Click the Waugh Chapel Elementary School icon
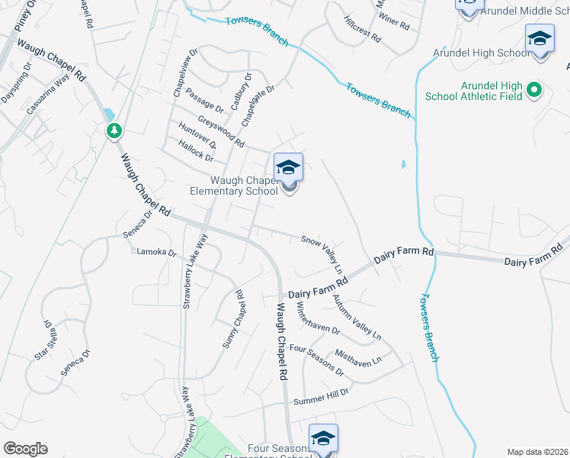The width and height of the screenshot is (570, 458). [288, 168]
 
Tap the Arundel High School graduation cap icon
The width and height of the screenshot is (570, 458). [540, 38]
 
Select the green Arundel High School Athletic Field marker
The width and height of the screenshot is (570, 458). [534, 90]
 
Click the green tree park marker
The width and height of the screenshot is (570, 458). [114, 131]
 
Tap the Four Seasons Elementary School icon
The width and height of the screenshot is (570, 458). [323, 439]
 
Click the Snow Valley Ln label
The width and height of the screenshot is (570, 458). [322, 251]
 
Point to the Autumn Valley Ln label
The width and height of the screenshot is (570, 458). [357, 316]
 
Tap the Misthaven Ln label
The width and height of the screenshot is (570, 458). [358, 360]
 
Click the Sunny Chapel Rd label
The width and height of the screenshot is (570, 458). [232, 319]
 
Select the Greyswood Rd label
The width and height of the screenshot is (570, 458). [221, 131]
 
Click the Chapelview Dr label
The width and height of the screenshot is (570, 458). [184, 73]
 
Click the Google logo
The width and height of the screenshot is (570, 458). [25, 449]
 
